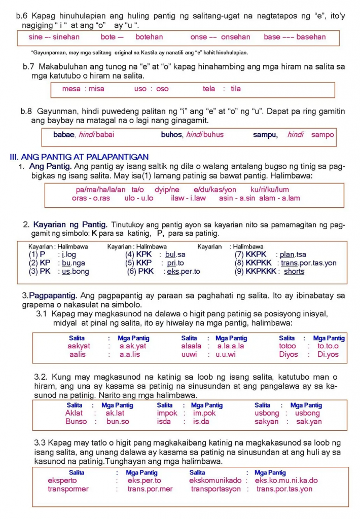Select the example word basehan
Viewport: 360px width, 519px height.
click(x=311, y=37)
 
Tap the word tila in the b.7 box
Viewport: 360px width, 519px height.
click(x=236, y=89)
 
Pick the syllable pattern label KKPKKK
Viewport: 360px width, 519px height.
click(x=261, y=272)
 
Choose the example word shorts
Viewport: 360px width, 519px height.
click(x=294, y=272)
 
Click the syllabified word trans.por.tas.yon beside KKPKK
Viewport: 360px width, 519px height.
click(x=308, y=263)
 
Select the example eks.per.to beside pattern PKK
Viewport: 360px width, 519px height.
click(x=184, y=272)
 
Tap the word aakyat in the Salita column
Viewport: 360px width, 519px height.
click(x=79, y=346)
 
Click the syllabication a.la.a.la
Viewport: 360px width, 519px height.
click(x=231, y=346)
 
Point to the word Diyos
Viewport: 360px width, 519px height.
click(x=289, y=355)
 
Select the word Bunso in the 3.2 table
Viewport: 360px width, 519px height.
click(x=76, y=422)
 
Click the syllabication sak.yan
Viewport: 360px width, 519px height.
click(x=309, y=422)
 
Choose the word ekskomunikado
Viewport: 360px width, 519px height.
click(x=215, y=480)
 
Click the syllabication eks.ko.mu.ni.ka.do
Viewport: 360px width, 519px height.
click(x=286, y=480)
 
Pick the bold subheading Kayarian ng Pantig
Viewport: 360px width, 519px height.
click(x=70, y=225)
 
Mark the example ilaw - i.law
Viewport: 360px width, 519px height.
click(x=188, y=198)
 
